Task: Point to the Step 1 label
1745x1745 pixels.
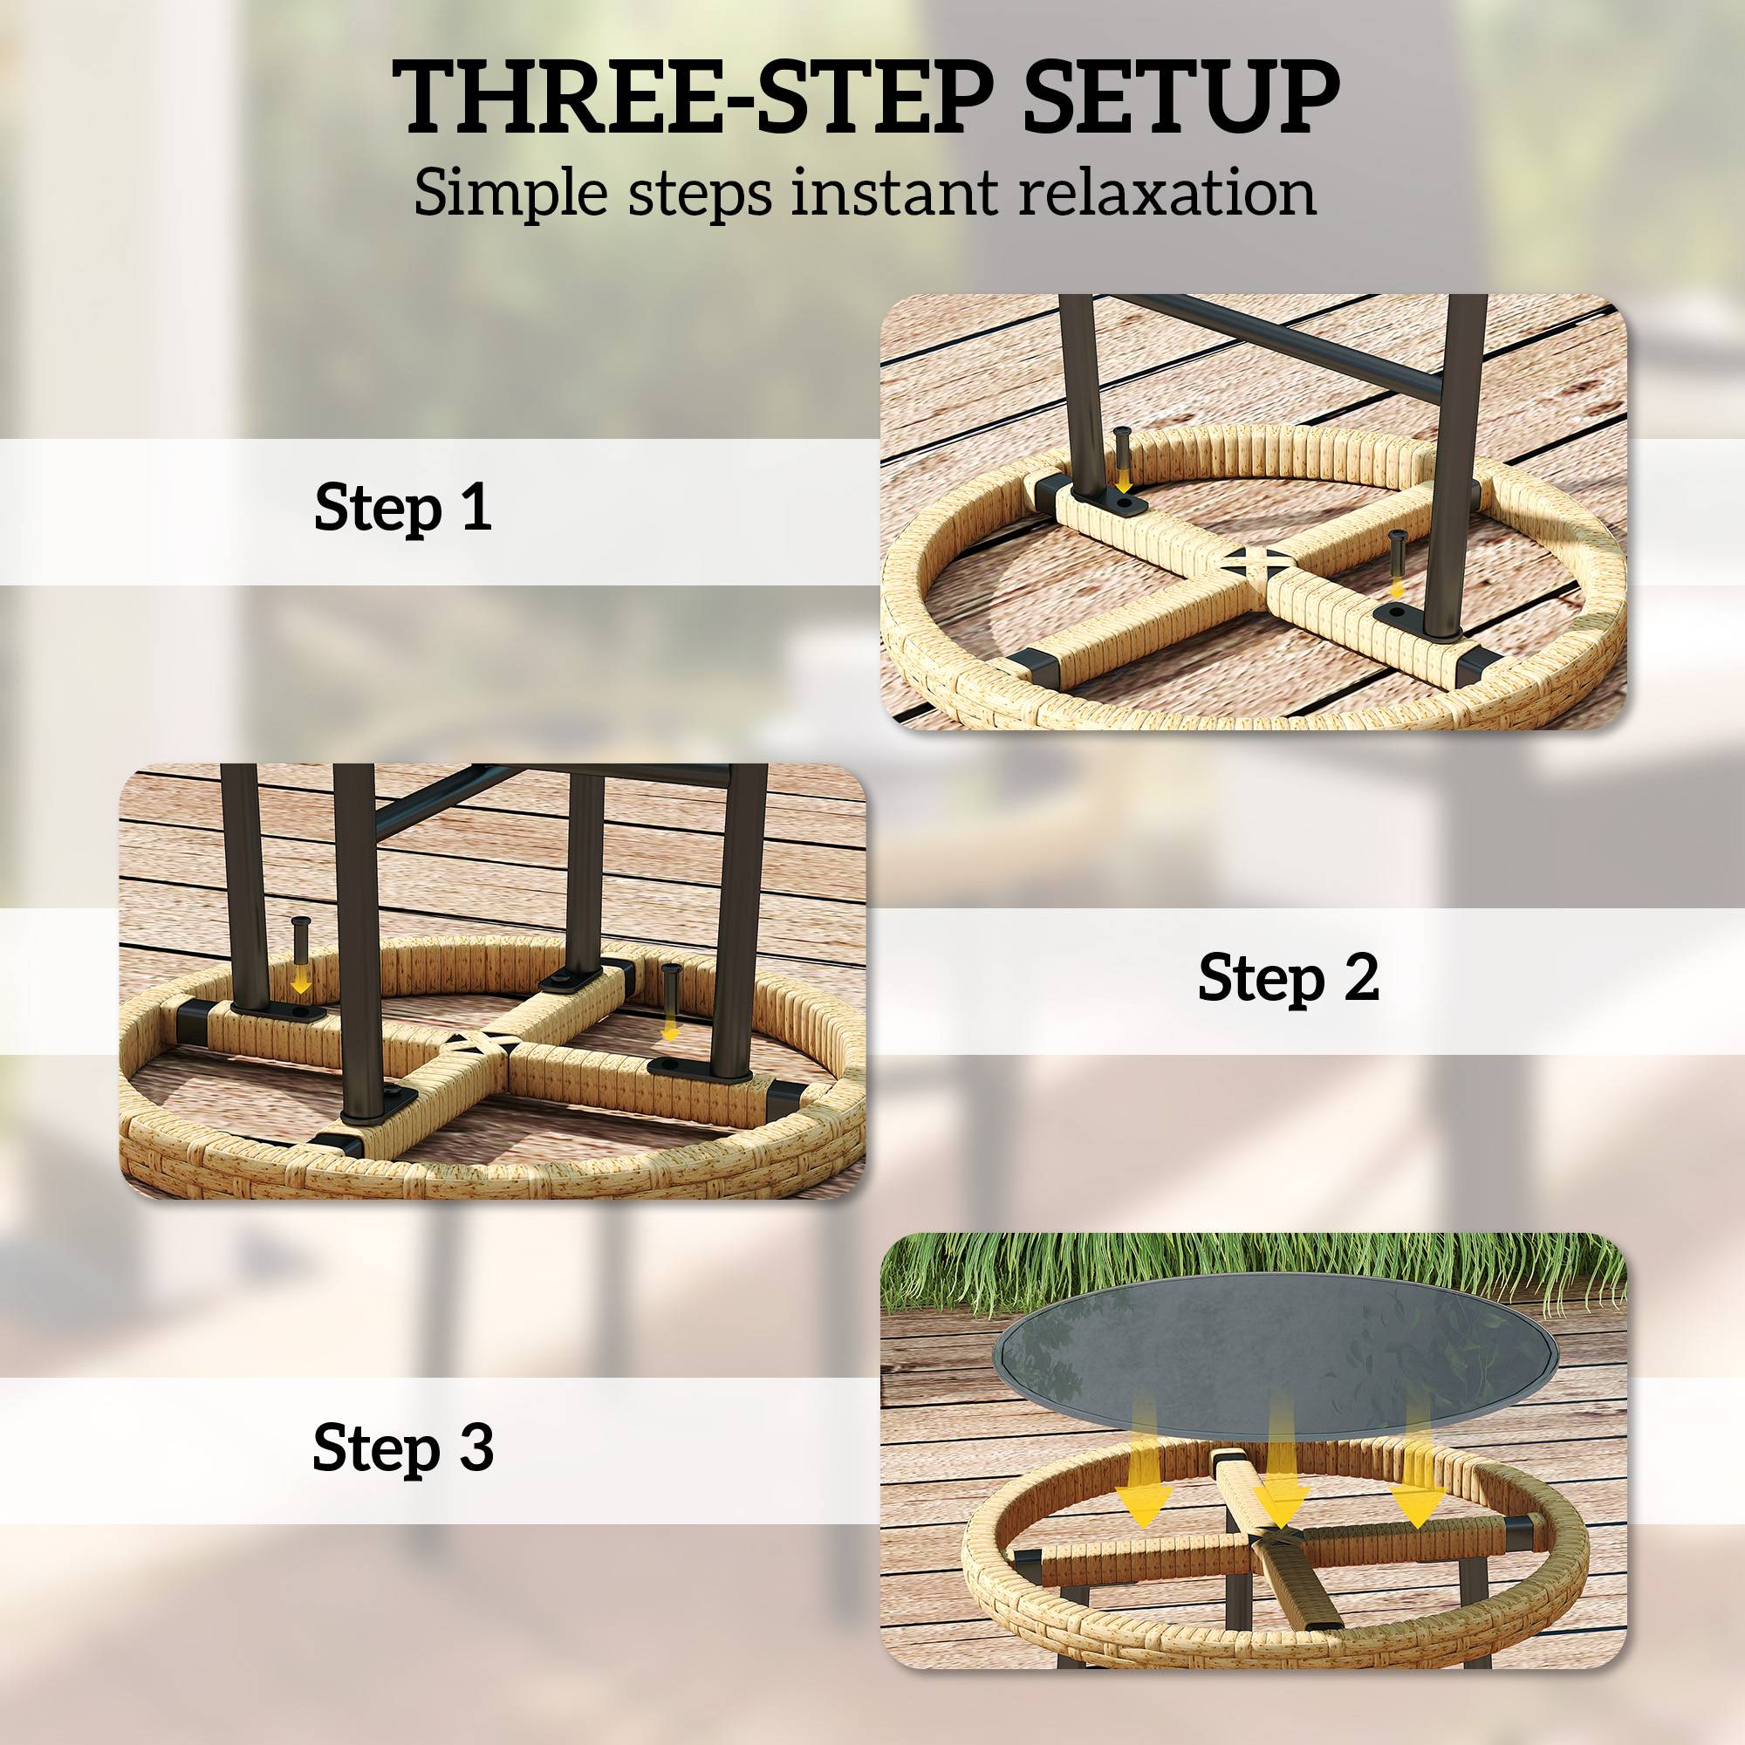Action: point(403,508)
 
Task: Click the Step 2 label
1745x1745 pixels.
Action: point(1288,977)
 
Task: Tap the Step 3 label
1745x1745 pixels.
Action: point(403,1446)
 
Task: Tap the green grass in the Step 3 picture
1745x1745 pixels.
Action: point(1253,1269)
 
